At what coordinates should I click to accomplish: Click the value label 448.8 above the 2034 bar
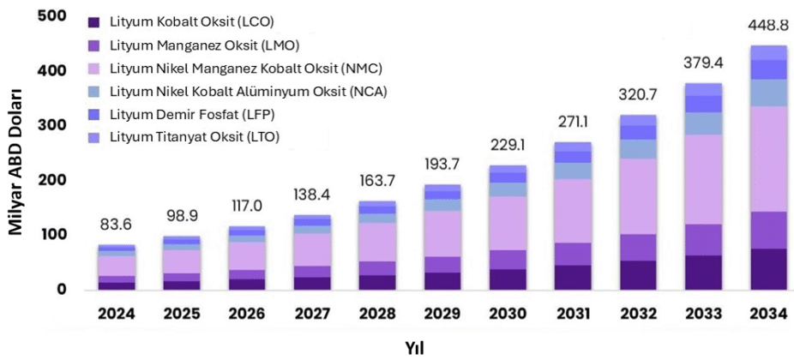[768, 25]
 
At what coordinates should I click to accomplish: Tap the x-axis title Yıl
[415, 348]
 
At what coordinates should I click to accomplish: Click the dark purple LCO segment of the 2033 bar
[702, 273]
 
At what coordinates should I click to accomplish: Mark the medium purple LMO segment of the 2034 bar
[768, 230]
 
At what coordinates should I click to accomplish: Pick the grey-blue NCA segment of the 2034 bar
[768, 93]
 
